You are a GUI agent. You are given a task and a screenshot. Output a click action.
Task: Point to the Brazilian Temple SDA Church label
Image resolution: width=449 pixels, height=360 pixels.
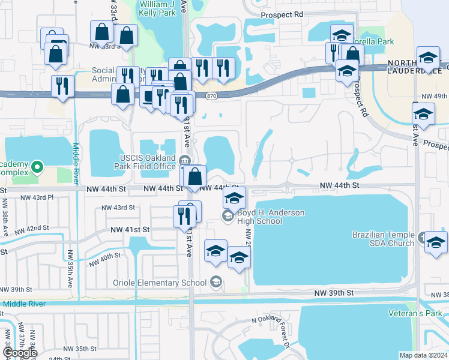pos(383,238)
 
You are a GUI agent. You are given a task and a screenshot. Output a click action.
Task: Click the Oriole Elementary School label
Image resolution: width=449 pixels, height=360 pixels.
pos(160,283)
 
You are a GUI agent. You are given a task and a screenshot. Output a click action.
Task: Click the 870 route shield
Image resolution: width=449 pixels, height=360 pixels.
pos(210,96)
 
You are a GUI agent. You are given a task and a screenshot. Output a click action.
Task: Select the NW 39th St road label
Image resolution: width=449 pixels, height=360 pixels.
pos(334,293)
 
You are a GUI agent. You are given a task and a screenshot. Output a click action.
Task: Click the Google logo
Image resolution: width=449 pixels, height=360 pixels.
pos(19,353)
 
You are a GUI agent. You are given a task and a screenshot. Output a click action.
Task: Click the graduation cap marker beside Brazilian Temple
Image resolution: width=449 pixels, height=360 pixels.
pos(436,242)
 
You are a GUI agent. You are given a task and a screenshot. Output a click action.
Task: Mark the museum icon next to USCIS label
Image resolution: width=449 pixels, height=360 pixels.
pos(185,159)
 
